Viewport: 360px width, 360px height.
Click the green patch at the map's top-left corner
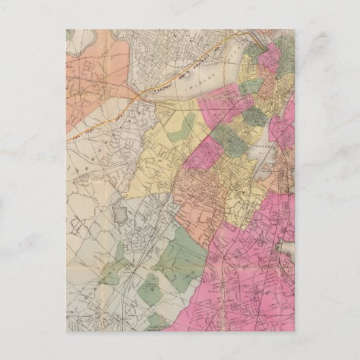[70, 34]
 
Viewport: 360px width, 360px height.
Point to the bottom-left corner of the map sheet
[67, 331]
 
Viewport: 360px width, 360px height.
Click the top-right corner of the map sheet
[294, 29]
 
